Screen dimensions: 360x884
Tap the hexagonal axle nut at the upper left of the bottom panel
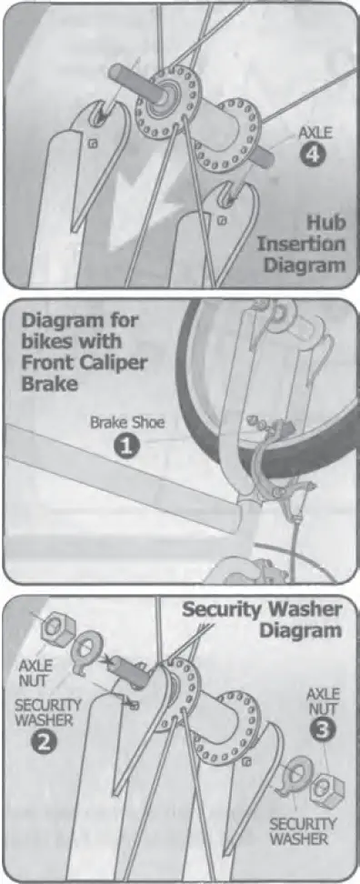tap(58, 626)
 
